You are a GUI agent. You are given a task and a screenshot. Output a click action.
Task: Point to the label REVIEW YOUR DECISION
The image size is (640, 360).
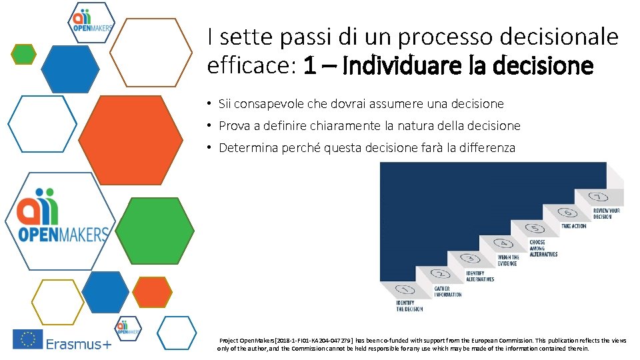[x=607, y=213]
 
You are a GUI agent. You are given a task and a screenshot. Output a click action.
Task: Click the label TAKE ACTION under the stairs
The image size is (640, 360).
[x=573, y=226]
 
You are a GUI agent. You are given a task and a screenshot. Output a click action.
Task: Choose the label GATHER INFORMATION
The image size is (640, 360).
[x=447, y=291]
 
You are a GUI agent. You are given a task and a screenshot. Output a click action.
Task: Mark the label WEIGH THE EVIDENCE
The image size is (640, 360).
[x=509, y=260]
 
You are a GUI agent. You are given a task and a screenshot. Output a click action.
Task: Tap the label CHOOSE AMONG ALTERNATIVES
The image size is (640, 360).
[x=543, y=248]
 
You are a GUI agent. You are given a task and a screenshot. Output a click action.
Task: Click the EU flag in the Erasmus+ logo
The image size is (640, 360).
[x=27, y=339]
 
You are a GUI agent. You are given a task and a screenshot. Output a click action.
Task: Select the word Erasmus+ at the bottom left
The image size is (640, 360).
[x=78, y=344]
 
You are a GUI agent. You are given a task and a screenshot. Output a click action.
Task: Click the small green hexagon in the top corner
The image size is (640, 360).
[x=24, y=53]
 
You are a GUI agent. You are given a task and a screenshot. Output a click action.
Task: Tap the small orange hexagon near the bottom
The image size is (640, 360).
[x=152, y=292]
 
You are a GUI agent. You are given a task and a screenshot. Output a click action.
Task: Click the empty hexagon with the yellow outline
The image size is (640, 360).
[x=58, y=301]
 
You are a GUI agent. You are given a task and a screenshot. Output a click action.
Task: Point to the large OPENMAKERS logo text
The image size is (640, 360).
[x=63, y=234]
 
